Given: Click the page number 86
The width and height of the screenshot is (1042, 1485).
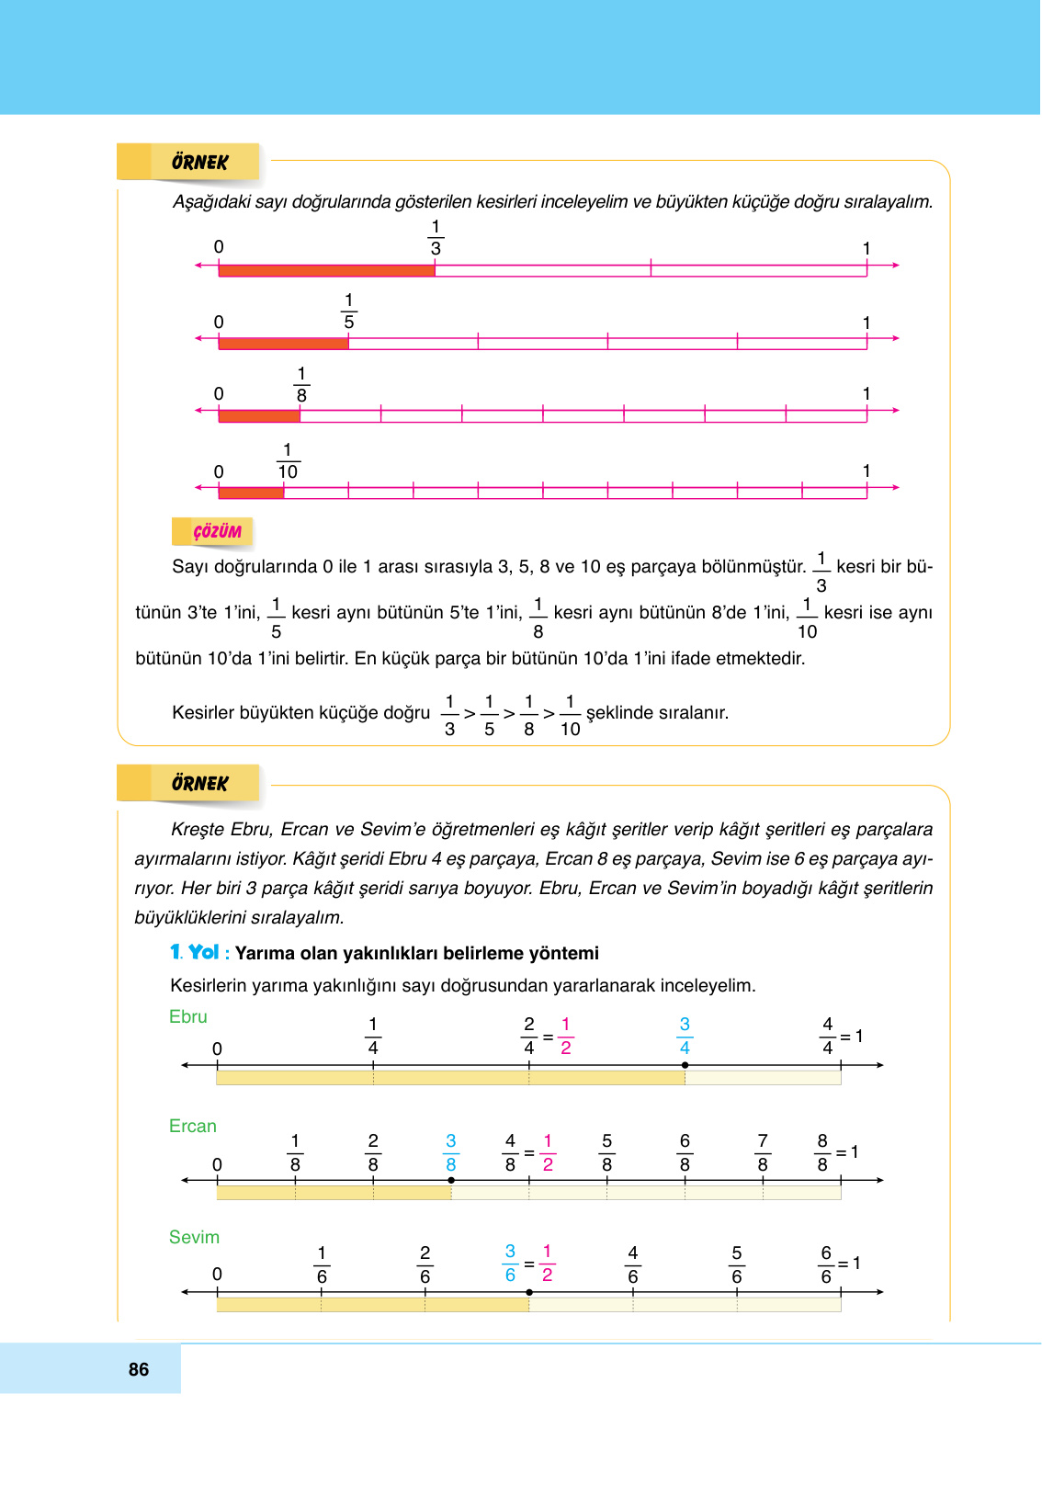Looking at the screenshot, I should coord(139,1369).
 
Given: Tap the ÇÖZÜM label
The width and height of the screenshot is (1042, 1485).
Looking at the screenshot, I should coord(217,532).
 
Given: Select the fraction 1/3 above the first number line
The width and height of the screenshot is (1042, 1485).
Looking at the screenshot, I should coord(436,238).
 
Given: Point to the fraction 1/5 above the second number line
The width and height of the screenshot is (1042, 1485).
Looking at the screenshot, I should coord(349,312).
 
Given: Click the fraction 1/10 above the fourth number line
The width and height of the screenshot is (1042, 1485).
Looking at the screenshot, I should coord(288,461).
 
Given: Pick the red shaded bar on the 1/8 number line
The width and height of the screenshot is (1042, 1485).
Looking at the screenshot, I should coord(260,416).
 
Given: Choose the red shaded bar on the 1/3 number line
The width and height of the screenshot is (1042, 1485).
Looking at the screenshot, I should coord(327,271).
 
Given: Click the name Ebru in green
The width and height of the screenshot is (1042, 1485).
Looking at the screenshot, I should coord(188,1017).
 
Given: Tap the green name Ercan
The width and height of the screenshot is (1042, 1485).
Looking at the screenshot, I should coord(193,1127).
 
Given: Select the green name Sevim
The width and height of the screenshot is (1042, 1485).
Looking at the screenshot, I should coord(194,1238).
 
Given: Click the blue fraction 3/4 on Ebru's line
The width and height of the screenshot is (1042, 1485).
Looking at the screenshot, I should coord(685,1036).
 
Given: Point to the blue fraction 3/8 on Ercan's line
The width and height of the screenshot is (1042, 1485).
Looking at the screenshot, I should coord(451,1152).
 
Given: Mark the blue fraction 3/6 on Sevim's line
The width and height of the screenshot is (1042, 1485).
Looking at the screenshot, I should coord(510,1264).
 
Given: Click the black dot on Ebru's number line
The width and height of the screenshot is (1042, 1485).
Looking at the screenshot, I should coord(685,1065).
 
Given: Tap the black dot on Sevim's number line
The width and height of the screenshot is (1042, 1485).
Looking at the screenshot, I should coord(529,1292).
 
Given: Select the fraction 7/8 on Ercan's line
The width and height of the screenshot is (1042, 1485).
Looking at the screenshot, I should coord(763,1152).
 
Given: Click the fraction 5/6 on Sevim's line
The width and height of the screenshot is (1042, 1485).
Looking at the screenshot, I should coord(737,1264).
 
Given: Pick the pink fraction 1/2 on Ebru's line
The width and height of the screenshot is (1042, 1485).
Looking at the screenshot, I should coord(566,1036).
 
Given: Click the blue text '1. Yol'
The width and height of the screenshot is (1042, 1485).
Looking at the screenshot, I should coord(195,953).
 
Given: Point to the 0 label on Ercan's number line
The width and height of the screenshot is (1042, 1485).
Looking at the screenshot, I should coord(217,1165).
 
